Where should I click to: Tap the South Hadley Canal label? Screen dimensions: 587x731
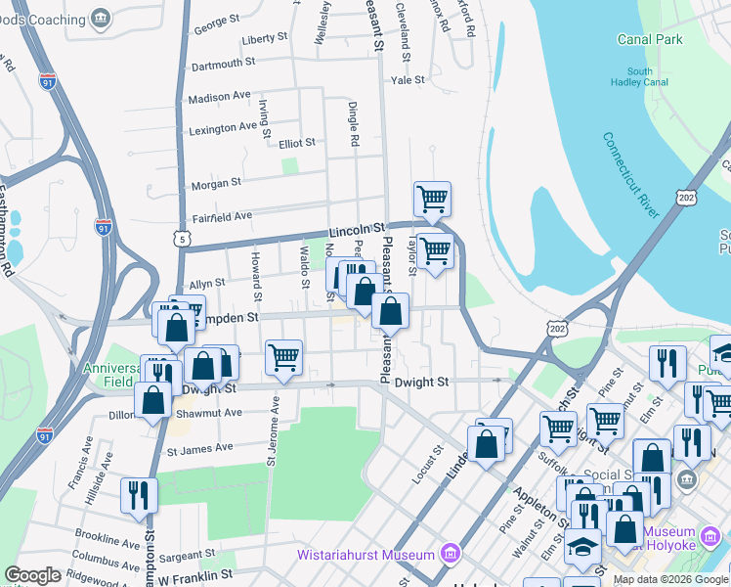click(x=640, y=77)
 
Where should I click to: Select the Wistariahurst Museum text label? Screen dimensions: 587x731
click(x=365, y=556)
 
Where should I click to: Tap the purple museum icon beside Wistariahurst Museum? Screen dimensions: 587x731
click(x=450, y=555)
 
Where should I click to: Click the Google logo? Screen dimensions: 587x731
click(x=32, y=575)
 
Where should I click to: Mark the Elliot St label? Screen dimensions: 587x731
click(x=297, y=143)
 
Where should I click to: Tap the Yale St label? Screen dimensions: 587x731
click(x=408, y=80)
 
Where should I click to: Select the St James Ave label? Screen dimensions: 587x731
click(x=200, y=449)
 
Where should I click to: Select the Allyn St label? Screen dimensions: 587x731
click(x=206, y=282)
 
